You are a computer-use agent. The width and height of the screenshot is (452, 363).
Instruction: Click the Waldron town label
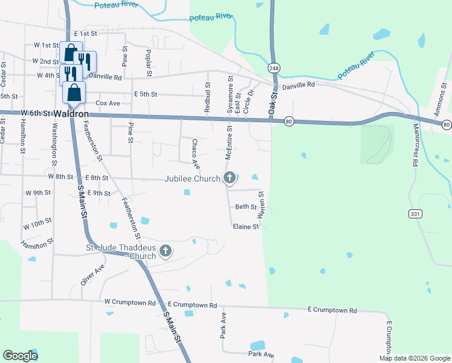(71, 113)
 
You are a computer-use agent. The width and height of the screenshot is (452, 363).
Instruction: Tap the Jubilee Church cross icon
(229, 178)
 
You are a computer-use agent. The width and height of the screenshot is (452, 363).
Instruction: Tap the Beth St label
(246, 207)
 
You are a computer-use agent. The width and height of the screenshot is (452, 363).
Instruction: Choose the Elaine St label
(246, 227)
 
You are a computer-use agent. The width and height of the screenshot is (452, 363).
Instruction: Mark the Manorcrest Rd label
(415, 145)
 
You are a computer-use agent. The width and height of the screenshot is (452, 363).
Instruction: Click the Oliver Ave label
(92, 275)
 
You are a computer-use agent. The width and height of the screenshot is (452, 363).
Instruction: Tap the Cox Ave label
(108, 103)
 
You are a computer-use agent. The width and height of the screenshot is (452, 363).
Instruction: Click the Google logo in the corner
(20, 356)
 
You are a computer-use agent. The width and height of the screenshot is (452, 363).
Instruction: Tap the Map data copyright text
(414, 358)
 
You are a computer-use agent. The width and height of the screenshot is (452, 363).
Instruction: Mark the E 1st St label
(85, 34)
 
